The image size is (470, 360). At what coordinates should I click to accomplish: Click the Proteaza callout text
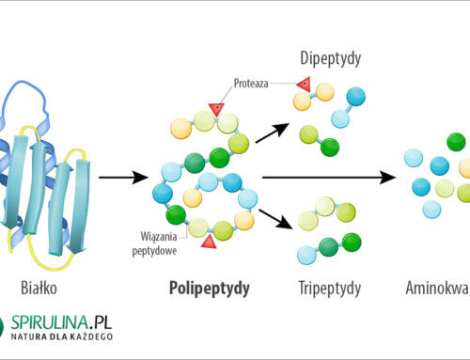pyautogui.click(x=251, y=83)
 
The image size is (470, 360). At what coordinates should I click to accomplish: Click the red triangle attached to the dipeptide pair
pyautogui.click(x=304, y=86)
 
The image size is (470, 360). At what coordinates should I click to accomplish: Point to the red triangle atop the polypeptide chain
pyautogui.click(x=215, y=109)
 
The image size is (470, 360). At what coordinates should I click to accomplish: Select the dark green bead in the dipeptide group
pyautogui.click(x=329, y=147)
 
